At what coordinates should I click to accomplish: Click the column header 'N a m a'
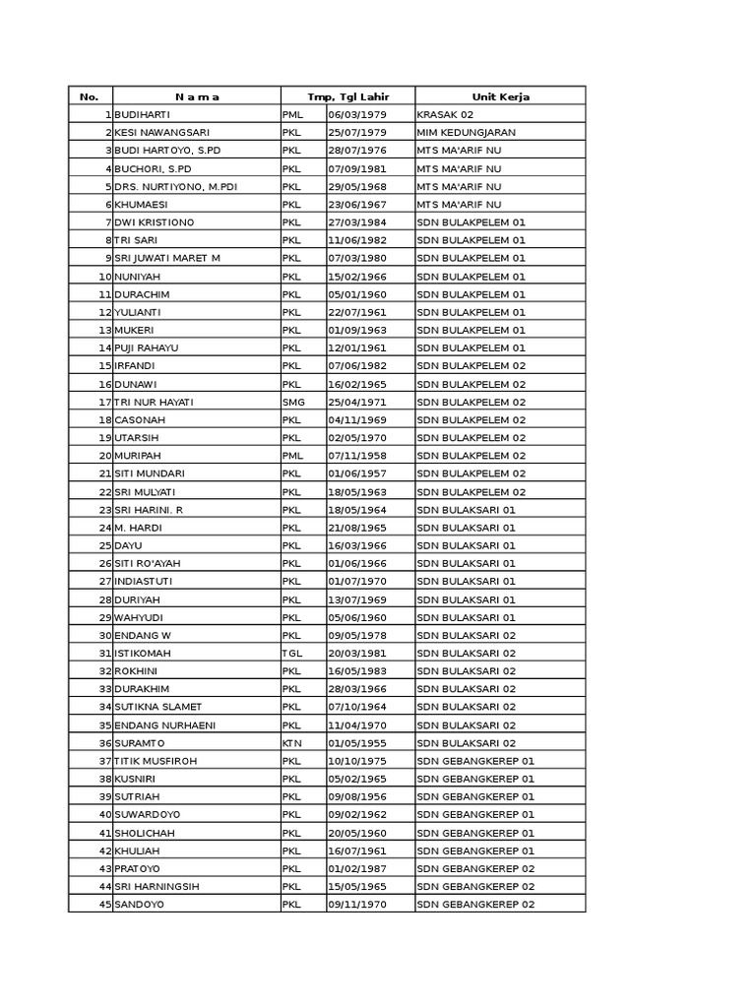click(197, 96)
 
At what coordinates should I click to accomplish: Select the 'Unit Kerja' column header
click(500, 96)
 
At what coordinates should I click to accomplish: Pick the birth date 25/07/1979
click(357, 132)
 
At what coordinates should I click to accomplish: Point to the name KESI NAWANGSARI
click(161, 132)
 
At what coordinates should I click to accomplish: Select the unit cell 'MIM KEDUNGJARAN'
click(466, 132)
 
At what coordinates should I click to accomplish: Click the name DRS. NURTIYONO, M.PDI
click(175, 186)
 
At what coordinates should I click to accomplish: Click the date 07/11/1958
click(357, 456)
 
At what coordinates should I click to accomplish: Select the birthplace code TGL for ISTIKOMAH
click(291, 653)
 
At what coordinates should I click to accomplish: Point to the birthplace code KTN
click(291, 743)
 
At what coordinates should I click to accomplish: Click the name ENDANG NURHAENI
click(164, 724)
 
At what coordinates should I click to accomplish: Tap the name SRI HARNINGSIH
click(157, 886)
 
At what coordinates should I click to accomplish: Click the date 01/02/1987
click(357, 868)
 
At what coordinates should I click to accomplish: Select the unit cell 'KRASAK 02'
click(445, 114)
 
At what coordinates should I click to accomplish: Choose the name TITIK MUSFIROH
click(156, 761)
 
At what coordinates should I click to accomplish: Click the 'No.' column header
click(90, 96)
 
